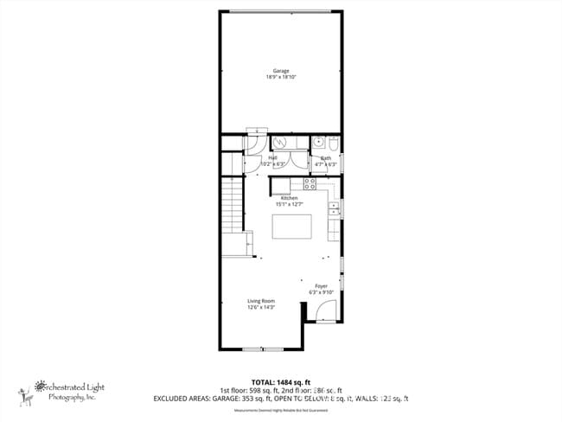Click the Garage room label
coord(281,71)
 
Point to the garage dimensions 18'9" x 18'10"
coord(281,78)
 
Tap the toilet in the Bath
coord(333,144)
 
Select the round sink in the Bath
coord(318,143)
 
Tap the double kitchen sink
coord(334,210)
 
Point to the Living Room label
coord(260,301)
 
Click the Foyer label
coord(321,285)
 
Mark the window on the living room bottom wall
coord(263,348)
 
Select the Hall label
coord(272,157)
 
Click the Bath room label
coord(326,157)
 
